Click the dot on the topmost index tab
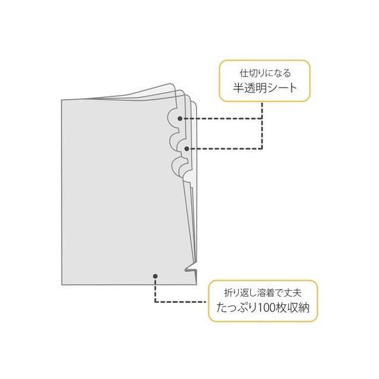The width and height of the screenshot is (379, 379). coord(179,119)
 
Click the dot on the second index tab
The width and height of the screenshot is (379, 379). coord(186,149)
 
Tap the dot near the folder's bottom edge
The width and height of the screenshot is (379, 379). coord(155,276)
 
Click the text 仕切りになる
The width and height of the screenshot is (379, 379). coord(265,73)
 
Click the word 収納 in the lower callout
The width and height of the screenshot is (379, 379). coord(300,308)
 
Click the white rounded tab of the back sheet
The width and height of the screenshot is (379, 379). coord(189,177)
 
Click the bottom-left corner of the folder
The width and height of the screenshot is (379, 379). coord(62,285)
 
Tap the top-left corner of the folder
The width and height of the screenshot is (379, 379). coord(61,100)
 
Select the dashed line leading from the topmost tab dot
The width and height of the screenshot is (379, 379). coord(222,119)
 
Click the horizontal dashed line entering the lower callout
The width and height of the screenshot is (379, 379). coord(181,302)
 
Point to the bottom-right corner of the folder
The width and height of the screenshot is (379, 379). coord(196,285)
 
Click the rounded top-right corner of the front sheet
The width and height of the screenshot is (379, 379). coord(174,87)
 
